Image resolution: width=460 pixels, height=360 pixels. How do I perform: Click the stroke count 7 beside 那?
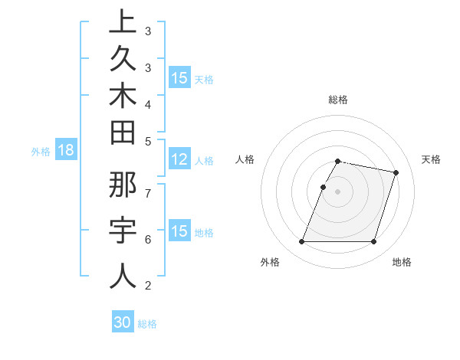(148, 192)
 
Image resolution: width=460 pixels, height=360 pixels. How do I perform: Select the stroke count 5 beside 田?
(148, 141)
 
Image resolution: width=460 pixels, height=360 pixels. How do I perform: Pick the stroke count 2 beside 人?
(148, 286)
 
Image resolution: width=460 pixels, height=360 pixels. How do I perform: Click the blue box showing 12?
(179, 159)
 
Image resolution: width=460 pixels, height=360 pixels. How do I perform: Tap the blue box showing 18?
(66, 150)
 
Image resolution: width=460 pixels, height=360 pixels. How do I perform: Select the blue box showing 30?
(123, 322)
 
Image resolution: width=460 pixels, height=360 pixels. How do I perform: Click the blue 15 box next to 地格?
(179, 231)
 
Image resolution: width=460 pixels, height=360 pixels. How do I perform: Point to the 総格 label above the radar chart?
(337, 100)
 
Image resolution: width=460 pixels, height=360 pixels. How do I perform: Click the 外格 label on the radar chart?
(270, 263)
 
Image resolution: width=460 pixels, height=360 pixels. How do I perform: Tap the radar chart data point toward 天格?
(396, 173)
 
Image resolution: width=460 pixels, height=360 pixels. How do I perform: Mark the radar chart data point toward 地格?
(373, 242)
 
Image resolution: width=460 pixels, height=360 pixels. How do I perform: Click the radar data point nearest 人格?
(323, 187)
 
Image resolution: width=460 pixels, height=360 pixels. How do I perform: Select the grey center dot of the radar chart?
(337, 191)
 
